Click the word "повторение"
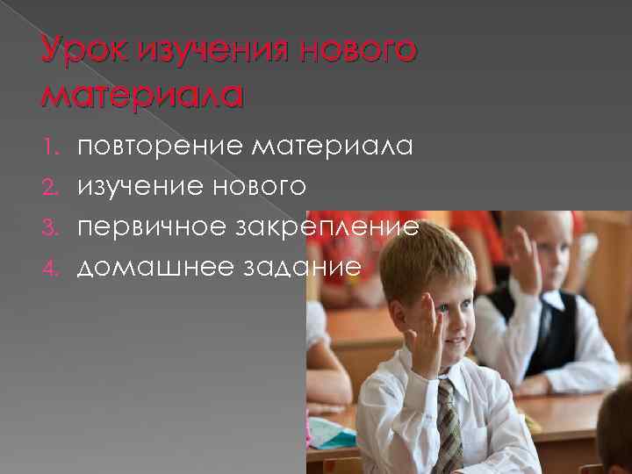pyautogui.click(x=156, y=147)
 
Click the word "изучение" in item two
pyautogui.click(x=144, y=186)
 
